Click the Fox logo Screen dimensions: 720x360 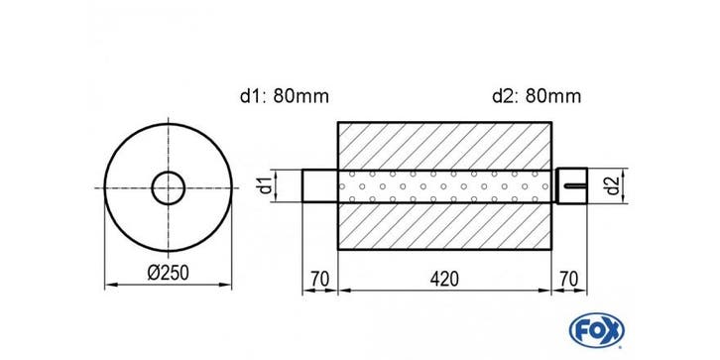pyautogui.click(x=596, y=330)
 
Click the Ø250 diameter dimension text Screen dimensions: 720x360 pyautogui.click(x=168, y=273)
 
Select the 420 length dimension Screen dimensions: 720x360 pyautogui.click(x=444, y=279)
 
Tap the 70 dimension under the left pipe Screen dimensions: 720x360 pyautogui.click(x=319, y=279)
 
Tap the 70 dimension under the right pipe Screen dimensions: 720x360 pyautogui.click(x=569, y=279)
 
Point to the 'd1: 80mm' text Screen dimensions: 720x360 pyautogui.click(x=285, y=96)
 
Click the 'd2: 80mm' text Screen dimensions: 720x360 pyautogui.click(x=537, y=96)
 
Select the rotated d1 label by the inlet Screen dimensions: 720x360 pyautogui.click(x=265, y=185)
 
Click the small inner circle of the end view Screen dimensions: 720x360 pyautogui.click(x=168, y=172)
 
